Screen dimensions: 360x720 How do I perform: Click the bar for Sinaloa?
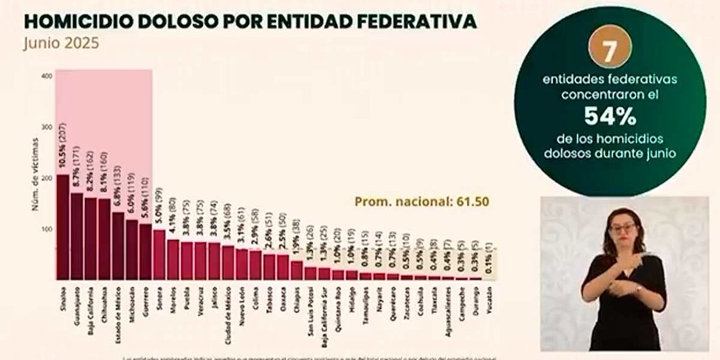click(x=63, y=227)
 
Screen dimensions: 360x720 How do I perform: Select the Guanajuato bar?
click(x=76, y=236)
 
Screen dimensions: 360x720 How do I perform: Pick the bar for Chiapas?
click(x=297, y=270)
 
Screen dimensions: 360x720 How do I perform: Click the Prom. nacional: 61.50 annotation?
click(x=421, y=202)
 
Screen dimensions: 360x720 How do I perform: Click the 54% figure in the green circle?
click(x=609, y=116)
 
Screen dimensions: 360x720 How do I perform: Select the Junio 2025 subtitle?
click(x=61, y=45)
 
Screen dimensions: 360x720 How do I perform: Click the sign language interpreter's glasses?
click(x=622, y=228)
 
